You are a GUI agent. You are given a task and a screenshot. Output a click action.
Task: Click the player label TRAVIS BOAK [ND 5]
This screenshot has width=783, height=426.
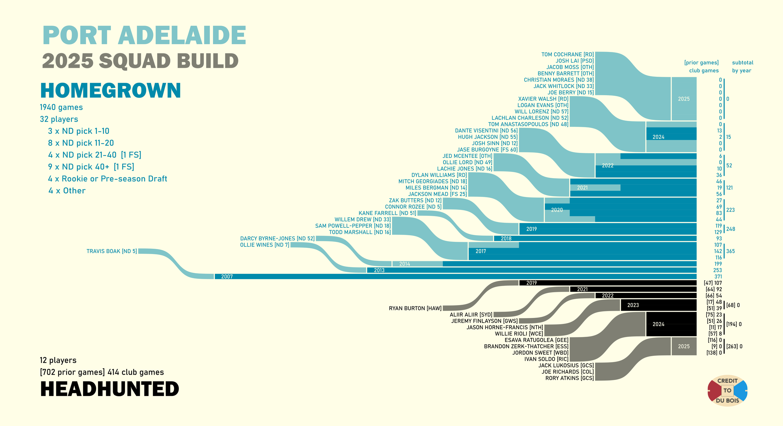tap(111, 251)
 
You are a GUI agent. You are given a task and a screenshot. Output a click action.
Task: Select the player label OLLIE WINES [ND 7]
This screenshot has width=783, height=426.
tap(264, 245)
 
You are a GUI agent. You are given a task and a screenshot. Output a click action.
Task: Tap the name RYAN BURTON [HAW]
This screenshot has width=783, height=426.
tap(415, 309)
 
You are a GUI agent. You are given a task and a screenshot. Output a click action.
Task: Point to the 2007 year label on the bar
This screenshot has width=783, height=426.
tap(227, 277)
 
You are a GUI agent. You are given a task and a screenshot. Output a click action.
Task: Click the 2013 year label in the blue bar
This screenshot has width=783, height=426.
tap(379, 270)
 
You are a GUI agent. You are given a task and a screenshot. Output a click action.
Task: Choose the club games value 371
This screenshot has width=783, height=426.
tap(718, 277)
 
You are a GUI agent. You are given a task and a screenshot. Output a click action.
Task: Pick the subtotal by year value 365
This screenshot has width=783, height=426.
tap(730, 251)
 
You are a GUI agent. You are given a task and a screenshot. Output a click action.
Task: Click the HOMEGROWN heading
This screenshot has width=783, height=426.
tap(111, 91)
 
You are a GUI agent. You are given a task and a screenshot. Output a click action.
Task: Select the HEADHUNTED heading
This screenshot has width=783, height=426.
tap(110, 389)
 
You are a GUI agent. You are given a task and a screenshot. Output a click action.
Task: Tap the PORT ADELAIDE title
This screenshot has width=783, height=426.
tap(144, 35)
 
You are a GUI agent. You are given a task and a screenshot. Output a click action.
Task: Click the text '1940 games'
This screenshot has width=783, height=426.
tap(61, 107)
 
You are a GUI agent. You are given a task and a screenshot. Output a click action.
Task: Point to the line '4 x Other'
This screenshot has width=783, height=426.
tap(67, 191)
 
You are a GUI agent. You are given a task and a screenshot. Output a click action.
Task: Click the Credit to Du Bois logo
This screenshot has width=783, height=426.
tap(727, 391)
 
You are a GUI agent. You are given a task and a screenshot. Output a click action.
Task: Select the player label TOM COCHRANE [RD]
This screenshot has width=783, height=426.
tap(567, 55)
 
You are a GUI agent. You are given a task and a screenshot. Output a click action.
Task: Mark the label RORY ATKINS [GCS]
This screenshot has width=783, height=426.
tap(569, 378)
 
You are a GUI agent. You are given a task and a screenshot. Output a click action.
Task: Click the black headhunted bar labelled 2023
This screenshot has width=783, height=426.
tap(658, 305)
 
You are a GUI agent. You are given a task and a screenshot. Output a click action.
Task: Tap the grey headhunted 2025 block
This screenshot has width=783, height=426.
tap(684, 346)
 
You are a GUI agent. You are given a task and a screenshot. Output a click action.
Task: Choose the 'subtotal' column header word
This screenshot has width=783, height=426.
tap(743, 63)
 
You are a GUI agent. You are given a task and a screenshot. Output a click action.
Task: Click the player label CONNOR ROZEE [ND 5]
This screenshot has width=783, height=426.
tap(413, 207)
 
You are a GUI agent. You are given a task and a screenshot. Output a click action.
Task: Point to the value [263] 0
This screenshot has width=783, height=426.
tap(734, 346)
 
